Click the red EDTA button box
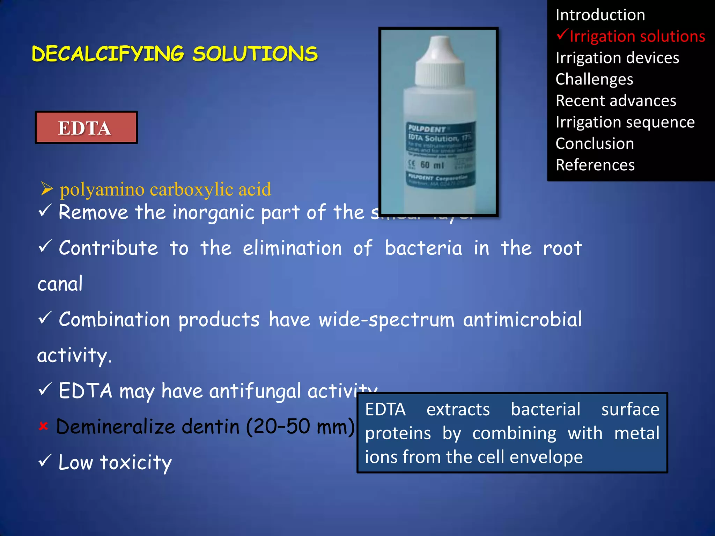point(86,128)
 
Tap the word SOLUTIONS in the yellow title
point(255,54)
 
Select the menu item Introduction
point(600,15)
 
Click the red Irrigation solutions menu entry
point(637,37)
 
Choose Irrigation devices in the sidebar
point(617,58)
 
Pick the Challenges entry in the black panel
point(594,79)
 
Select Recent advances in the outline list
point(616,101)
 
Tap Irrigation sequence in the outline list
point(625,122)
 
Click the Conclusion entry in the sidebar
point(595,144)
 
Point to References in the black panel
point(595,165)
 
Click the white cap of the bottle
point(440,63)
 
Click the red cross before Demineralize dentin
point(43,426)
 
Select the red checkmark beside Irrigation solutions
point(562,35)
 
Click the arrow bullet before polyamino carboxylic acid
point(47,189)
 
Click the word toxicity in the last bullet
point(136,463)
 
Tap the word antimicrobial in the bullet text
point(522,320)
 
